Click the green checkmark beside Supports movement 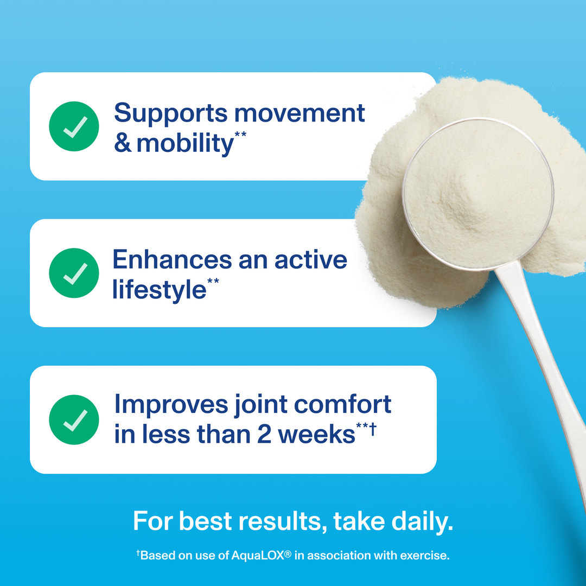point(74,126)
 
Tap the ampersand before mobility point(123,144)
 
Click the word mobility point(184,144)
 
